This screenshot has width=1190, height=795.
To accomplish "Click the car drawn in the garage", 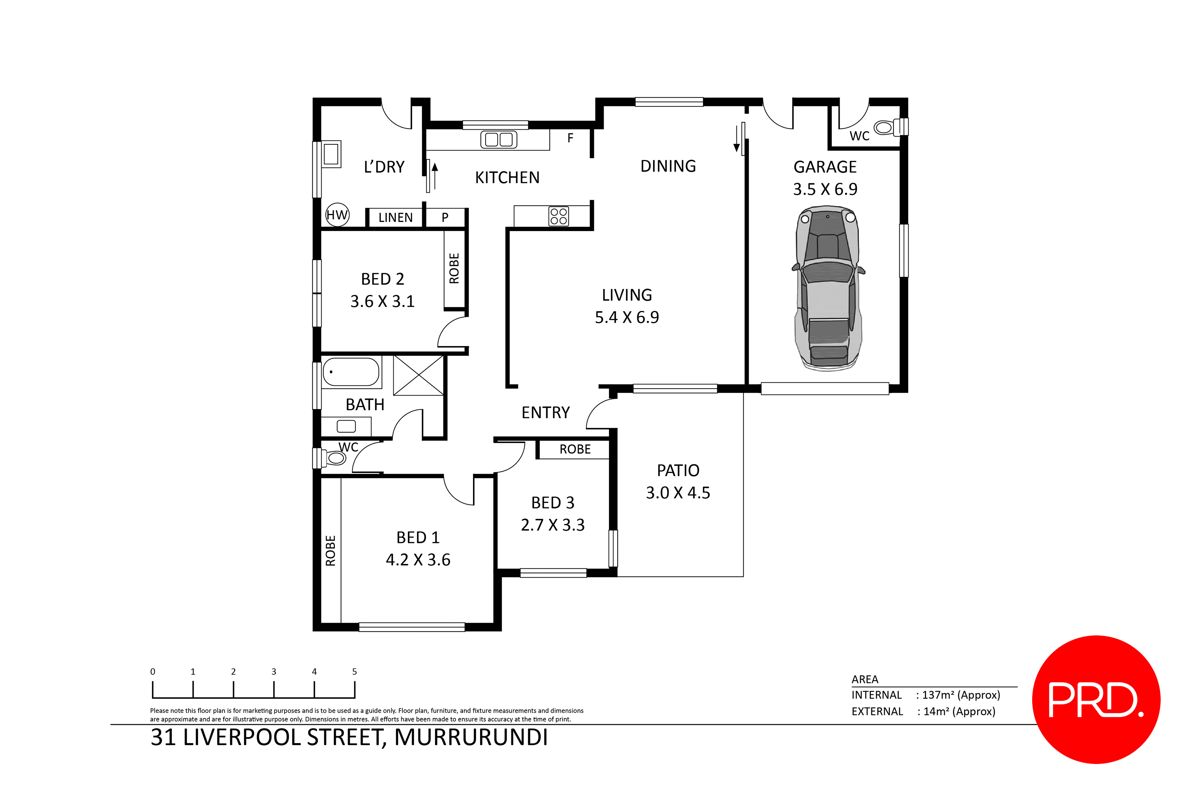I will (x=828, y=288).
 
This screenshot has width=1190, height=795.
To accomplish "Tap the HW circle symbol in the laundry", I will (x=337, y=215).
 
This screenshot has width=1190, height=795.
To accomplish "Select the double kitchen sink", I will (x=499, y=139).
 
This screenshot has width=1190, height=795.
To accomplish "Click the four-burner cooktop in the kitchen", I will (x=558, y=216).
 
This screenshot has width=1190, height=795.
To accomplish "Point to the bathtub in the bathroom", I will (x=351, y=372).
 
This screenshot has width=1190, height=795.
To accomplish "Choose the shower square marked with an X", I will (x=419, y=376).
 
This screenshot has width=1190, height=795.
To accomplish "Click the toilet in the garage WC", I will (x=887, y=127).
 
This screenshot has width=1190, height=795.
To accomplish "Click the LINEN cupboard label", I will (x=395, y=217).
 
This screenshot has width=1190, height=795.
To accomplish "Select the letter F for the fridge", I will (x=570, y=138).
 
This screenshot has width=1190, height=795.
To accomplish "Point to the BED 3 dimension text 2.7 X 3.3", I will (x=552, y=525).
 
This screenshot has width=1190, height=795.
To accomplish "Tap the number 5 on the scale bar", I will (x=354, y=672).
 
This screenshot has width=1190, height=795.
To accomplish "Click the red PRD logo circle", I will (x=1096, y=700).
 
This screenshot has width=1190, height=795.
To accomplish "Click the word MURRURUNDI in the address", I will (x=471, y=738).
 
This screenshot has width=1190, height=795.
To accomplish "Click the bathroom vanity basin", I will (x=346, y=426).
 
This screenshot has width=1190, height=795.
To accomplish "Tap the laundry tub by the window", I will (x=331, y=154).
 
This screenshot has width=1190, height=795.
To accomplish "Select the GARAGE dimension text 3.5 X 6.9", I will (x=825, y=190).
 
